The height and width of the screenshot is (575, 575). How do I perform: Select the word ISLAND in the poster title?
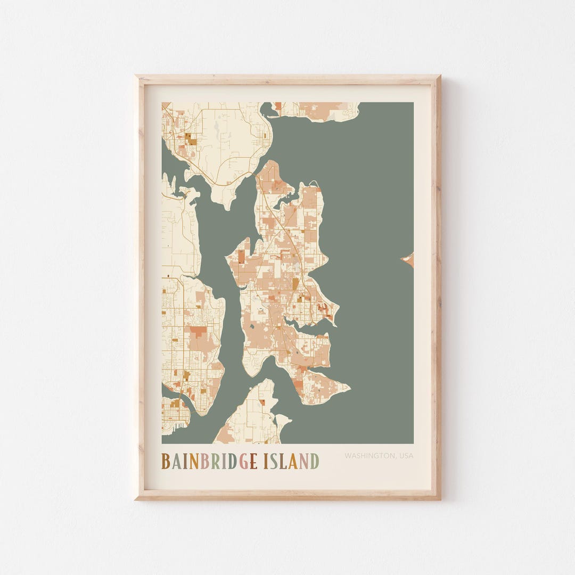pyautogui.click(x=291, y=461)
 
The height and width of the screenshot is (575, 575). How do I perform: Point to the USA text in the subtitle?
pyautogui.click(x=405, y=456)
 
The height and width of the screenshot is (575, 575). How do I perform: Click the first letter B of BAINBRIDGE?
pyautogui.click(x=166, y=461)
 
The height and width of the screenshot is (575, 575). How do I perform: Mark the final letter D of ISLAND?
pyautogui.click(x=315, y=461)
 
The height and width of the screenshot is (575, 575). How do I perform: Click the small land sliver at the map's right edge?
pyautogui.click(x=408, y=260)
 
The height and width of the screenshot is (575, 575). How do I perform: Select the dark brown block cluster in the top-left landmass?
pyautogui.click(x=190, y=139)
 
